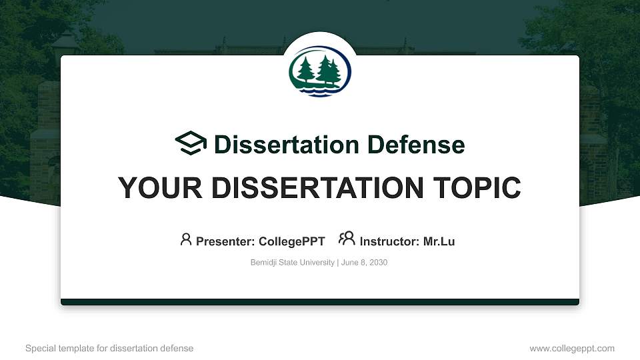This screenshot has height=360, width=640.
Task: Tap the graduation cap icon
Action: pyautogui.click(x=191, y=144)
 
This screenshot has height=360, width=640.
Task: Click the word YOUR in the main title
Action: pyautogui.click(x=157, y=188)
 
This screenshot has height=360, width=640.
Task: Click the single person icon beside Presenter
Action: pyautogui.click(x=186, y=239)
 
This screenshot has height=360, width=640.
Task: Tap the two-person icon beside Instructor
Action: pyautogui.click(x=347, y=239)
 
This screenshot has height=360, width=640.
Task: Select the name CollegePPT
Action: pyautogui.click(x=292, y=241)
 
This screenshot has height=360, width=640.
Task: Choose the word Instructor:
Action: pyautogui.click(x=389, y=241)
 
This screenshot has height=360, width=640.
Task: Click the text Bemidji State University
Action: pyautogui.click(x=292, y=263)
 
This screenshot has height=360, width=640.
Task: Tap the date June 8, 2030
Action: pyautogui.click(x=364, y=263)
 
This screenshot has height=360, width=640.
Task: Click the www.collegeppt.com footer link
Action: pyautogui.click(x=572, y=348)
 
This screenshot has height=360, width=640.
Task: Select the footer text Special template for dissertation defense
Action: pyautogui.click(x=109, y=348)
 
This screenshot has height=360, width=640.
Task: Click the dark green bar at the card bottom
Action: pyautogui.click(x=320, y=302)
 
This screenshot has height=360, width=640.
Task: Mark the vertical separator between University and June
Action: pyautogui.click(x=337, y=263)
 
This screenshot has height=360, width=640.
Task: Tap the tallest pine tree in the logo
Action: pyautogui.click(x=326, y=69)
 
